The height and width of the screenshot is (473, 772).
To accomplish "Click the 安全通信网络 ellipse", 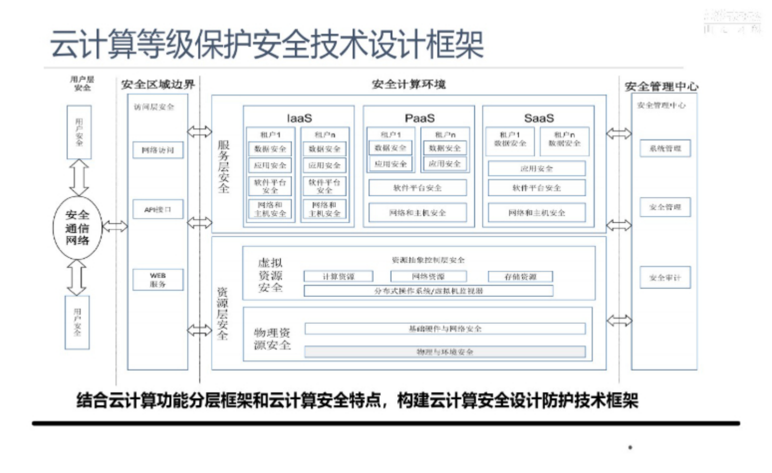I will click(x=77, y=228).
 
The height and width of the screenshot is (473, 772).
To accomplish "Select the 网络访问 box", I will click(x=157, y=150).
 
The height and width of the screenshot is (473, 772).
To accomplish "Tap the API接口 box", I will click(x=157, y=209).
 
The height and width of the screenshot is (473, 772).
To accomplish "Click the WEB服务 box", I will click(x=157, y=280).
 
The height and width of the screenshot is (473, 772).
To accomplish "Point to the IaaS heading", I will click(x=299, y=118).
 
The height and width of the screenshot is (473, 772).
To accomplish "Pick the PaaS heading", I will click(x=419, y=118).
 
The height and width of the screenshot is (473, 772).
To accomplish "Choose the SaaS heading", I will click(x=539, y=118).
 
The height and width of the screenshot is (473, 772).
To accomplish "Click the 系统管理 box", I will click(x=665, y=149).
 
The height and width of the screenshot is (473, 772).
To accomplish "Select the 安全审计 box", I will click(x=665, y=278).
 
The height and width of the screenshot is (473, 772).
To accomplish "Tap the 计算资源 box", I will click(x=338, y=277).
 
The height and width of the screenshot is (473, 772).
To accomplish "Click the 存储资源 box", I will click(x=520, y=277).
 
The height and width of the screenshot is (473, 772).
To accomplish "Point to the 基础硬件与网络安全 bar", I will click(x=445, y=329).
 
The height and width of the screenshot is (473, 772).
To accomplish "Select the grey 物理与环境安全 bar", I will click(x=445, y=352).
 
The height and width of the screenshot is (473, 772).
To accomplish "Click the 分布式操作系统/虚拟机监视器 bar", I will click(x=428, y=291).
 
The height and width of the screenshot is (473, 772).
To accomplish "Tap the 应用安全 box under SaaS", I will click(x=536, y=168).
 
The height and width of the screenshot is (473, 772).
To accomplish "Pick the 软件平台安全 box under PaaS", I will click(x=417, y=188).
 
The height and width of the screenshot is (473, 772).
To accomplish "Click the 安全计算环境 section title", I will click(x=409, y=84).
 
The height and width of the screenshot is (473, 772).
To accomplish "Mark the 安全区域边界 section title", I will click(x=157, y=84).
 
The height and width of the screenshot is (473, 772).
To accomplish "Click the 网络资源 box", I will click(x=428, y=277).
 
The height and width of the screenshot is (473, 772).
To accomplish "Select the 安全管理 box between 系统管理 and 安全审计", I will click(x=665, y=207).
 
